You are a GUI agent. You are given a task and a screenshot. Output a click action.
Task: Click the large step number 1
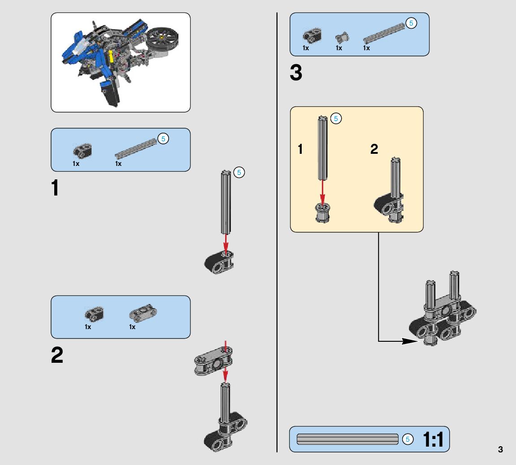[x=55, y=187]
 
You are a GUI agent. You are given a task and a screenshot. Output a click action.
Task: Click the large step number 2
[x=57, y=355]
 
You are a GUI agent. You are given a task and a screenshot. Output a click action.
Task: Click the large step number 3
[x=296, y=72]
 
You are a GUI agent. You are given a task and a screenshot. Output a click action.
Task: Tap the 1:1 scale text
[x=433, y=439]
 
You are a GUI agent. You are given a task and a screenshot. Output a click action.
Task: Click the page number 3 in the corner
[x=500, y=449]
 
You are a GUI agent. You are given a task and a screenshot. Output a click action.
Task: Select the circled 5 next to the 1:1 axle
[x=408, y=439]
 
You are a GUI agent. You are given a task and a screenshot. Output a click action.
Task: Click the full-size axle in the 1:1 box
[x=347, y=439]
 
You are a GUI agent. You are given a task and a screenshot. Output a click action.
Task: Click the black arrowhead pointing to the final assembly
[x=410, y=341]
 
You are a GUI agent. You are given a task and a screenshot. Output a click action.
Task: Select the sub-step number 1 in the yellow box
[x=300, y=149]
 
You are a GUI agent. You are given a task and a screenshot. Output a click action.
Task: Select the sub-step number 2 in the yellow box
[x=374, y=149]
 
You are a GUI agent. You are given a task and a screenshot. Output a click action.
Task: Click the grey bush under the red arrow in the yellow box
[x=322, y=213]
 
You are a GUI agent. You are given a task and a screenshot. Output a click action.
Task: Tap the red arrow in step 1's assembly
[x=226, y=243]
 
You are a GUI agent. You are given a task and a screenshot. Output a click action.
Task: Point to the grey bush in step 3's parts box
[x=342, y=38]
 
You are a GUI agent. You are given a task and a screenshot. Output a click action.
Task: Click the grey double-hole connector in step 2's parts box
[x=143, y=313]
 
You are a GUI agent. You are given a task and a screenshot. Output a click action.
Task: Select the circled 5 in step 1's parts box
[x=163, y=139]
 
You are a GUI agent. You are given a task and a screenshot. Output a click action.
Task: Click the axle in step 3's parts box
[x=384, y=33]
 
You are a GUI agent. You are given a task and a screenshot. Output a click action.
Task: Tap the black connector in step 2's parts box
[x=94, y=314]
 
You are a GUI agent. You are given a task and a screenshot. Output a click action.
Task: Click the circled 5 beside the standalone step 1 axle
[x=239, y=173]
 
